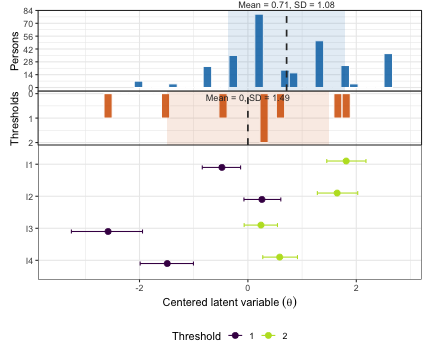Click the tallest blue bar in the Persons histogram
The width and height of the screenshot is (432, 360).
(x=259, y=51)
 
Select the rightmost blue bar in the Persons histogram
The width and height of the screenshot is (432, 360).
(x=388, y=70)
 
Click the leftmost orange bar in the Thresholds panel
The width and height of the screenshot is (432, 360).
(x=108, y=106)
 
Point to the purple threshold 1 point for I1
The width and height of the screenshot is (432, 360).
(x=221, y=167)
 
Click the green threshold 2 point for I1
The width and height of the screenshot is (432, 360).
(x=346, y=161)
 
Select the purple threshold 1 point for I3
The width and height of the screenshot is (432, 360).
(x=107, y=231)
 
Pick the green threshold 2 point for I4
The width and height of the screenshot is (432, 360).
(x=280, y=257)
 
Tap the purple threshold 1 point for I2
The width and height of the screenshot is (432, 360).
(x=262, y=199)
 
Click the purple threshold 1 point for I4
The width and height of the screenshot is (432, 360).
(x=167, y=263)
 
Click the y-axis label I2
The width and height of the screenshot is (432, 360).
(x=29, y=196)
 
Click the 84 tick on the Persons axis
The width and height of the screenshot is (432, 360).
(x=29, y=10)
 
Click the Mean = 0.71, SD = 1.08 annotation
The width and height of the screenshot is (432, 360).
(x=286, y=6)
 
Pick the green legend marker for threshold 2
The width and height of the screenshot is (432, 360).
(x=269, y=336)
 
